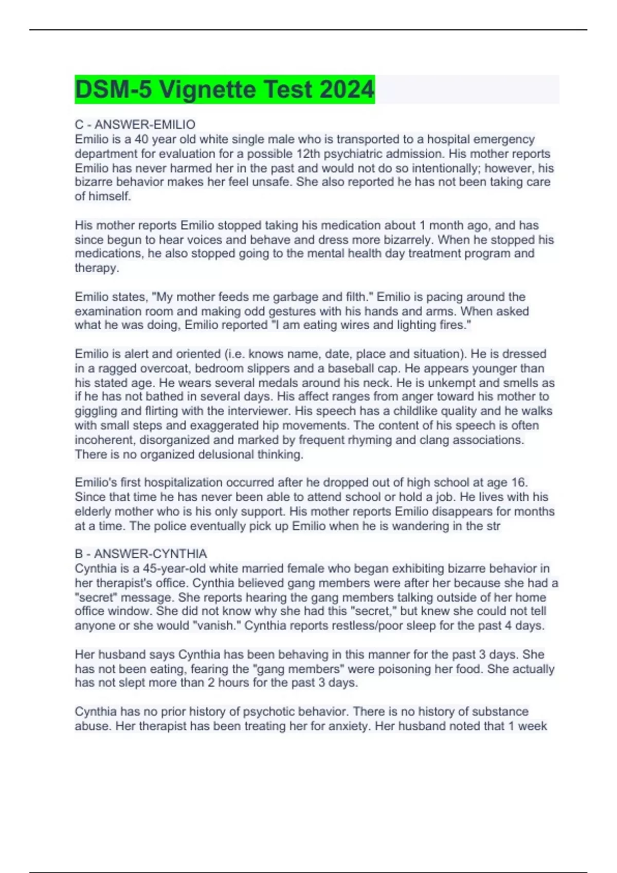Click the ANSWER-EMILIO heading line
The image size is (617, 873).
pyautogui.click(x=135, y=125)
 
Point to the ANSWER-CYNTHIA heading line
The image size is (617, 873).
pyautogui.click(x=141, y=554)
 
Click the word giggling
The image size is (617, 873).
pyautogui.click(x=95, y=411)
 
